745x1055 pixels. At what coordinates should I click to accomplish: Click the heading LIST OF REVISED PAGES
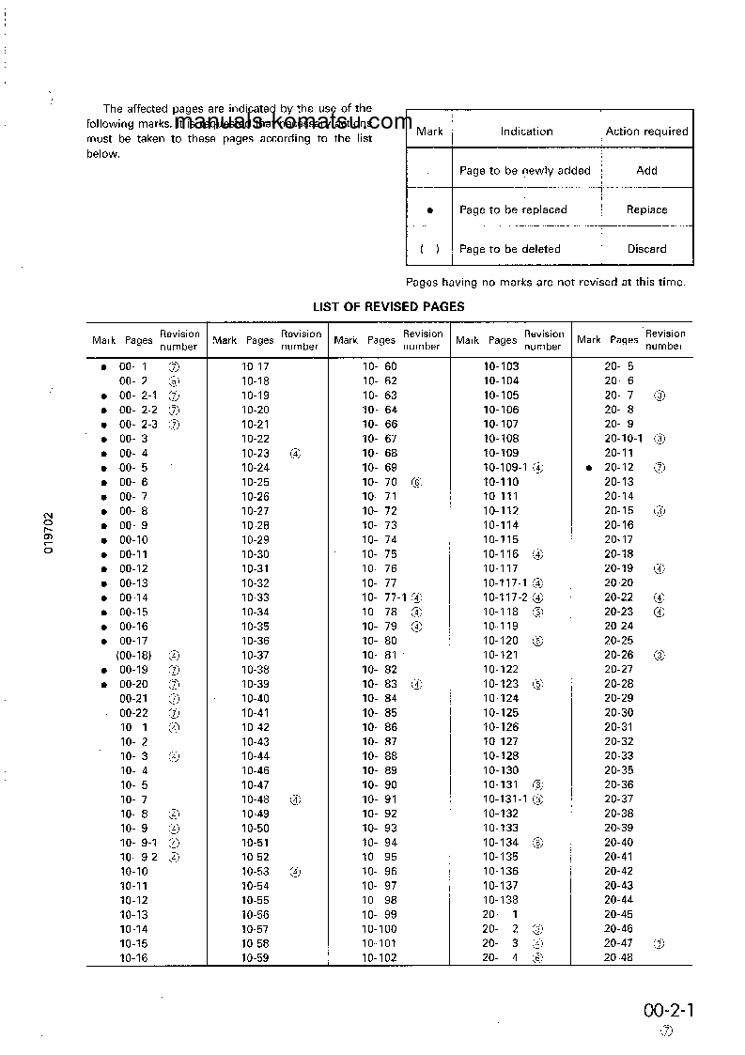[388, 307]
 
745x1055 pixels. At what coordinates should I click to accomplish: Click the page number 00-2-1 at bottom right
[669, 1011]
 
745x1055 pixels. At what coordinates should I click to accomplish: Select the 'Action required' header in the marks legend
[646, 132]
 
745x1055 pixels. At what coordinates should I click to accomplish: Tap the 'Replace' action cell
[646, 210]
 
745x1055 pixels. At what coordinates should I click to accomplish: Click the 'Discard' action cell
[646, 249]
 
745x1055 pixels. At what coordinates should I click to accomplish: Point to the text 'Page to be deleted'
[510, 249]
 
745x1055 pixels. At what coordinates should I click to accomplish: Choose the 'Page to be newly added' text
[524, 171]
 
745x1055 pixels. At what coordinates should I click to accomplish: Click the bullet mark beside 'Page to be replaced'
[429, 211]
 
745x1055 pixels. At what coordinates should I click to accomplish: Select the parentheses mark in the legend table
[429, 249]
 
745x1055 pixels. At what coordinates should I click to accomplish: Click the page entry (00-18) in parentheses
[133, 656]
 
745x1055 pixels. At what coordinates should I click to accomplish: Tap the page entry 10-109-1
[505, 468]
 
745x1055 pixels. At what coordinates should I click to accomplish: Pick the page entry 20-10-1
[624, 439]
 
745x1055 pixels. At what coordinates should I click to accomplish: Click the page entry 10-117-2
[505, 597]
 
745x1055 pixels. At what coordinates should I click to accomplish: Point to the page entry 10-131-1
[505, 799]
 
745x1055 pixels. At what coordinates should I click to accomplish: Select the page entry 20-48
[619, 958]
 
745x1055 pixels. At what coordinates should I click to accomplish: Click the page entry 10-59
[256, 958]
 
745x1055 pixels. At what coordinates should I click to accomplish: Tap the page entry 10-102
[380, 958]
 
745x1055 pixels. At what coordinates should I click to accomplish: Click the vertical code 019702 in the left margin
[49, 534]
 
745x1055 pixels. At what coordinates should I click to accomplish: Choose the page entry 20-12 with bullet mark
[619, 468]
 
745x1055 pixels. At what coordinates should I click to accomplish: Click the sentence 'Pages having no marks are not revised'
[545, 282]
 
